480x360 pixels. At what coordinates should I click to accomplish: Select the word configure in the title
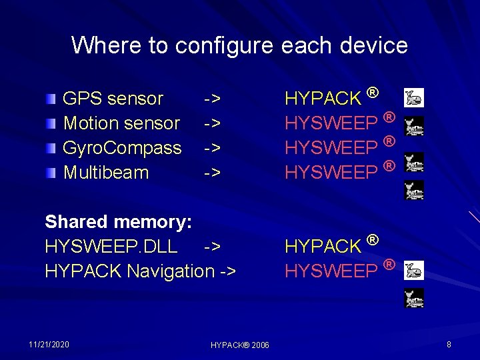[x=224, y=45]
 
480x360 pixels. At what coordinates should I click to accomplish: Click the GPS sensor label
[x=113, y=99]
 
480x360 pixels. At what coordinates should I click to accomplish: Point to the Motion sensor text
[x=121, y=123]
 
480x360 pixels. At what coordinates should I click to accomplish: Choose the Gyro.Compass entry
[x=122, y=148]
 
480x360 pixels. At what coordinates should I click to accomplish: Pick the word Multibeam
[x=105, y=173]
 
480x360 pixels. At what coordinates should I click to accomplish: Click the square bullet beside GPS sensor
[x=51, y=99]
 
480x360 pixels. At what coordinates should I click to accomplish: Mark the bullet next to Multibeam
[x=51, y=173]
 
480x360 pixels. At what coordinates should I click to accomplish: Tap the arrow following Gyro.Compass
[x=212, y=148]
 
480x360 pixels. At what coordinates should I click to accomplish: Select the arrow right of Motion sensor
[x=212, y=123]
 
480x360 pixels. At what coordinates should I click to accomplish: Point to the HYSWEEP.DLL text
[x=111, y=246]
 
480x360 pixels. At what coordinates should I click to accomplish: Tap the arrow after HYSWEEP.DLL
[x=212, y=246]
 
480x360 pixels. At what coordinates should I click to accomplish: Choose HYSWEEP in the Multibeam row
[x=331, y=173]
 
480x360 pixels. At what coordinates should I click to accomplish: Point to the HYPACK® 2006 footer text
[x=239, y=345]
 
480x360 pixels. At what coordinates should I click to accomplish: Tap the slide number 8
[x=449, y=344]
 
